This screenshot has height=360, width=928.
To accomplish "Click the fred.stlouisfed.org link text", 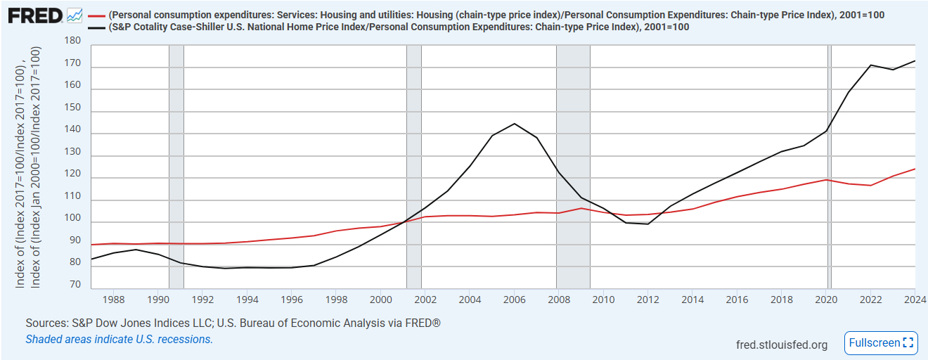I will [x=781, y=345].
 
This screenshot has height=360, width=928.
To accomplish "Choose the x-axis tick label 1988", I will [x=113, y=300].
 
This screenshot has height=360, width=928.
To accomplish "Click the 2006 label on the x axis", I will [x=514, y=300].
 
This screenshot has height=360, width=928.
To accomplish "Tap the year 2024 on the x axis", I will [x=914, y=300].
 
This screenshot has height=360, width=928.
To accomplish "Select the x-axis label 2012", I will [x=647, y=300].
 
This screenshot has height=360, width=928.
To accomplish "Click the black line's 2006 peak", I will [x=514, y=124].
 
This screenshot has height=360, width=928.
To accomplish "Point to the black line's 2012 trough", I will [x=647, y=224].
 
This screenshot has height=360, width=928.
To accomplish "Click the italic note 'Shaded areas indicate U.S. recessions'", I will [x=119, y=339].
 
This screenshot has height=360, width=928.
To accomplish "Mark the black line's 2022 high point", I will [x=870, y=65].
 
